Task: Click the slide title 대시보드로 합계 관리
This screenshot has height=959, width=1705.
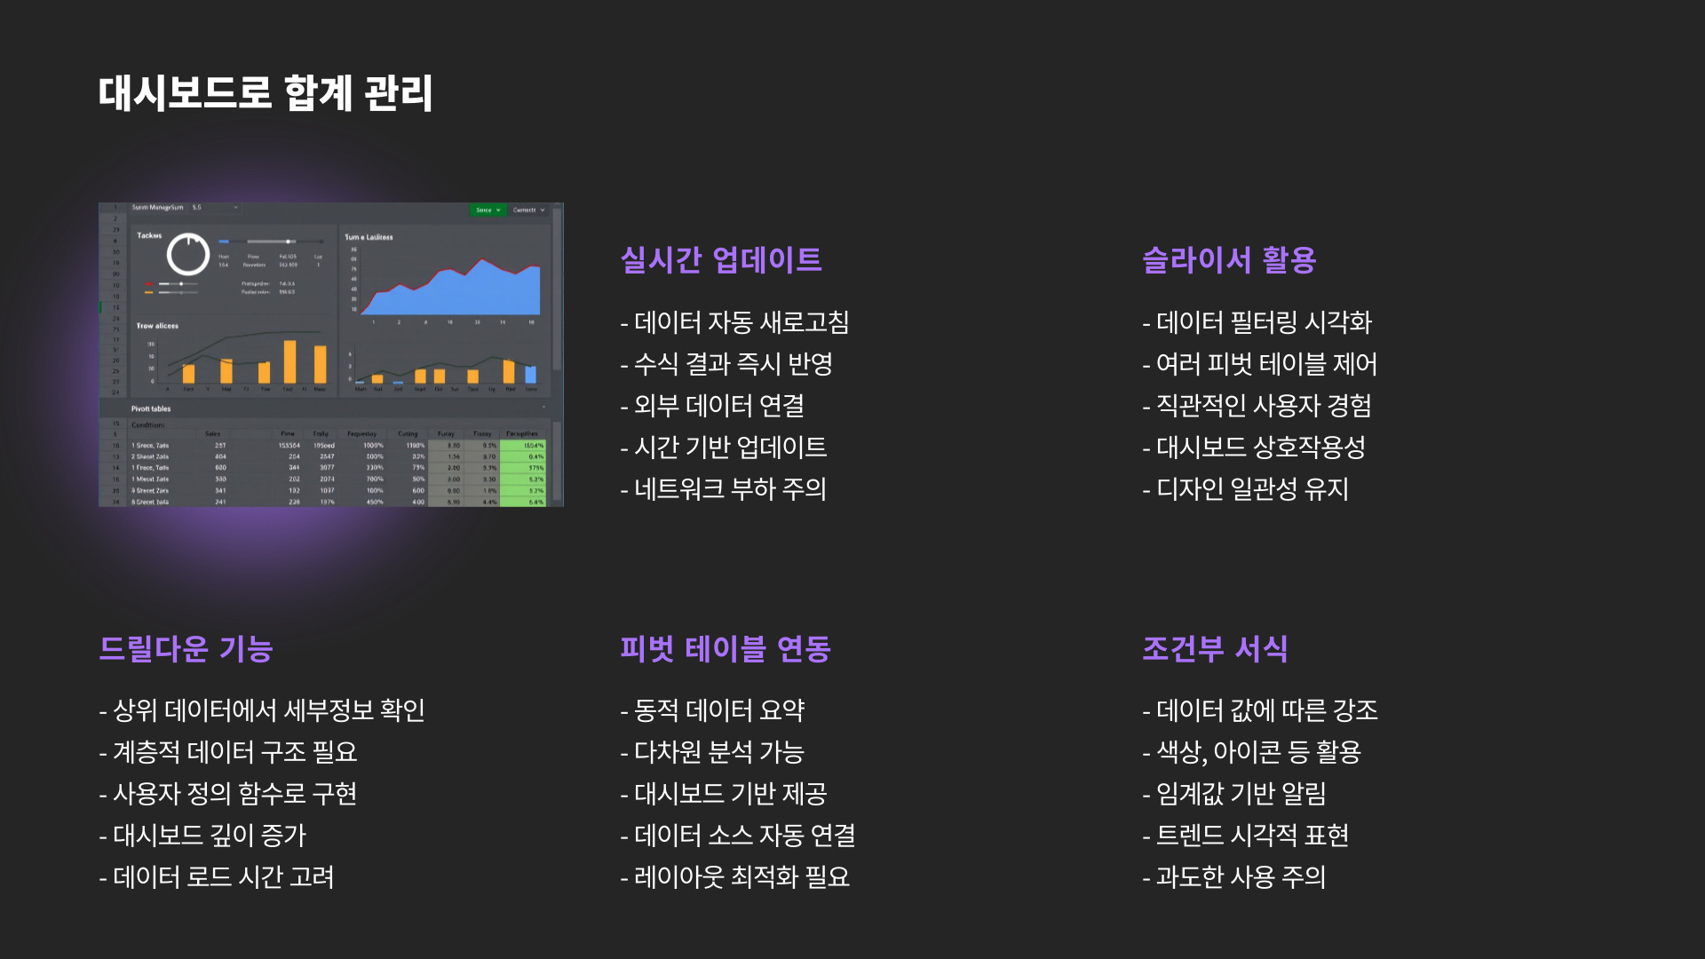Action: pos(265,93)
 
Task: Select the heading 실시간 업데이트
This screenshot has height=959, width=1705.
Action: pos(720,260)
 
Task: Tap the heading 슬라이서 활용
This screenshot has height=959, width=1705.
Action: pos(1228,260)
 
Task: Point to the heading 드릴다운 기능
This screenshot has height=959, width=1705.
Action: pos(186,649)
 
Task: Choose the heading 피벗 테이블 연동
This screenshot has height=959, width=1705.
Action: pos(725,649)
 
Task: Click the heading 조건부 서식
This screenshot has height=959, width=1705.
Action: pos(1214,649)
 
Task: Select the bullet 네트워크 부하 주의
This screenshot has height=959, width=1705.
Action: pos(724,489)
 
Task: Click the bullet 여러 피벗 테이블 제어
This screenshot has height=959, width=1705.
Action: pos(1259,364)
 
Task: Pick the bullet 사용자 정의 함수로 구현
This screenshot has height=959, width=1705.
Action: pos(228,794)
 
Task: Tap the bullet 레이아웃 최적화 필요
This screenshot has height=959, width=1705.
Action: pos(735,877)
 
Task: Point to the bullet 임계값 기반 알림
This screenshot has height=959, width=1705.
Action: pos(1234,794)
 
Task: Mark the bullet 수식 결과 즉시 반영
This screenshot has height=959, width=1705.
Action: pos(726,364)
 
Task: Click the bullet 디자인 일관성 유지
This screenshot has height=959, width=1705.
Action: pos(1246,489)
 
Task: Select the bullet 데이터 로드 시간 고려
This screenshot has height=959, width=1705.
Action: pos(217,877)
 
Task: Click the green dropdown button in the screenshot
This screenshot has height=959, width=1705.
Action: pos(487,210)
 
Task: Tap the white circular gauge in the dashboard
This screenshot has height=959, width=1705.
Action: pos(188,255)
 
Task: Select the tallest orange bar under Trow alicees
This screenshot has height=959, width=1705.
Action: pos(289,361)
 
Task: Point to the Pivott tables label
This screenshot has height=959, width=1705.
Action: pos(151,409)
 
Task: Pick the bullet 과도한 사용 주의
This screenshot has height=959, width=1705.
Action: pos(1234,877)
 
